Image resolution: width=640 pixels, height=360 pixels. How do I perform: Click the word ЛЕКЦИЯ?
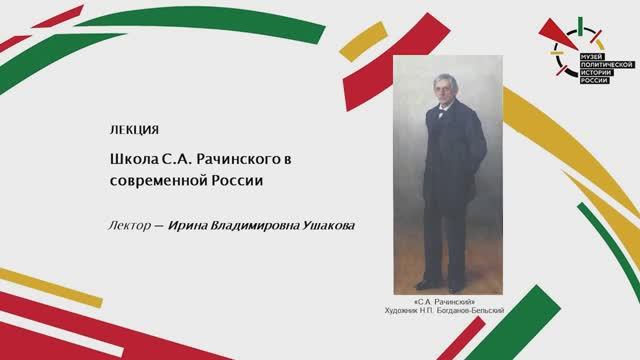[x=133, y=131]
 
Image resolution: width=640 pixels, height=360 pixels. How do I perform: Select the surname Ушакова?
[x=328, y=225]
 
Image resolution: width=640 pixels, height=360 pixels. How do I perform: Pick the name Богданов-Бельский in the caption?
[x=468, y=310]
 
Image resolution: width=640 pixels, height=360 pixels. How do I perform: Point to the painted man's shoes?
[x=439, y=283]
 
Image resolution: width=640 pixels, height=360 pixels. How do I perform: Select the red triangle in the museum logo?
[x=554, y=37]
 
